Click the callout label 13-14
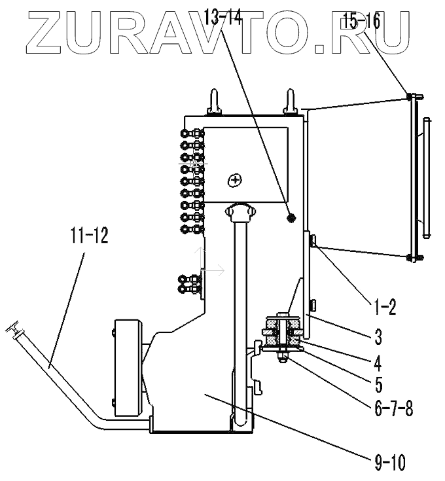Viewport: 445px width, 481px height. pyautogui.click(x=223, y=19)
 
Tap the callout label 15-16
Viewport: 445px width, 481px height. pyautogui.click(x=359, y=22)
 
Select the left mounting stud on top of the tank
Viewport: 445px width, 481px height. pyautogui.click(x=214, y=102)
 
